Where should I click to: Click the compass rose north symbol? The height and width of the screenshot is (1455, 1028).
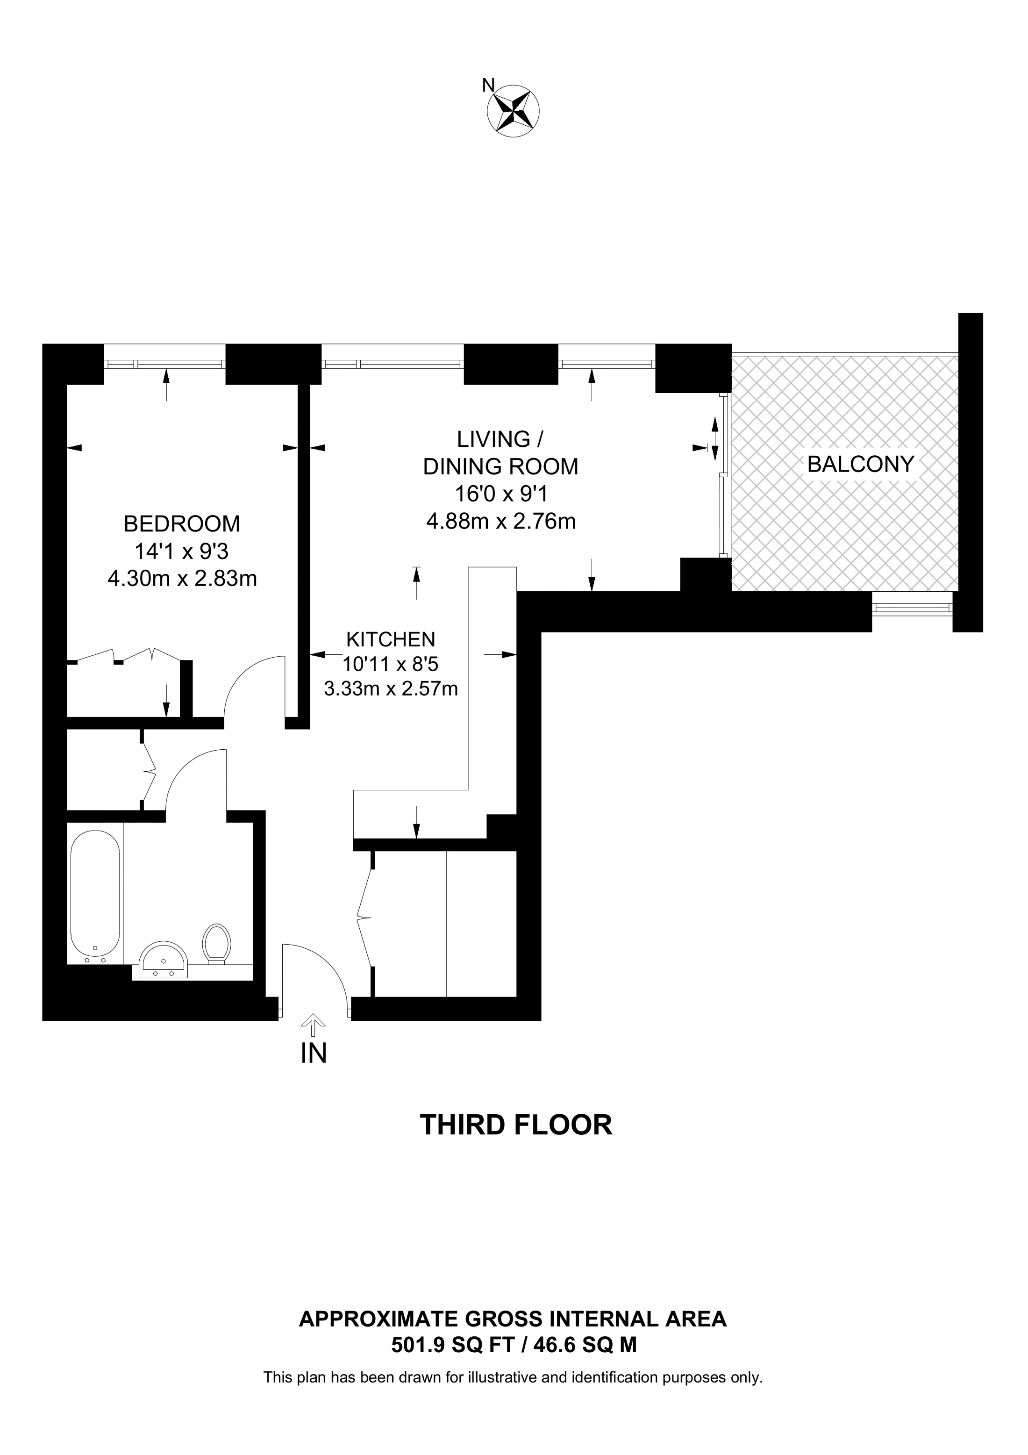pos(513,111)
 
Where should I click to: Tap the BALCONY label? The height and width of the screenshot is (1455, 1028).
pos(861,465)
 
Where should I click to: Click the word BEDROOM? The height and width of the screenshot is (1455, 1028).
pos(182,524)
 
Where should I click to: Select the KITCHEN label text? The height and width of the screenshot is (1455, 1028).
pos(391,639)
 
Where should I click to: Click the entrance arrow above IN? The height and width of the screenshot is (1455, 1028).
pos(314,1024)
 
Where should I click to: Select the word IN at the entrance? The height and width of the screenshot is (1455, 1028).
pos(314,1053)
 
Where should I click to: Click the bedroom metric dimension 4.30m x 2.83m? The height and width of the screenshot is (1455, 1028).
pos(182,579)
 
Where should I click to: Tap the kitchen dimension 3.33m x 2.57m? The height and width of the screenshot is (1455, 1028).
pos(391,688)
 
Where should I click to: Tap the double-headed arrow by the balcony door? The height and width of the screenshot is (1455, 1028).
pos(715,438)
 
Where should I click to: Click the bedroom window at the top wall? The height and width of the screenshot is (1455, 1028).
pos(164,364)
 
